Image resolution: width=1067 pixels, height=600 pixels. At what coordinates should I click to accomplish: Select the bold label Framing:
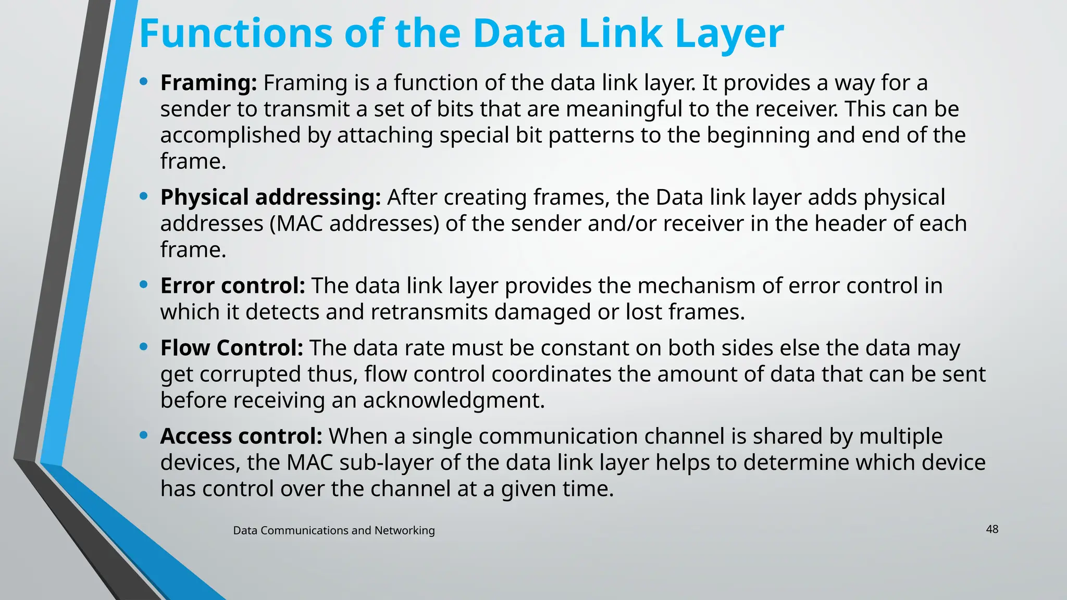point(208,83)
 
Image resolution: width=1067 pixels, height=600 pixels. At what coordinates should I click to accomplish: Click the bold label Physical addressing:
point(270,197)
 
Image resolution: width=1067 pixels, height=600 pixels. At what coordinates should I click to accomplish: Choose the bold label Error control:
point(232,286)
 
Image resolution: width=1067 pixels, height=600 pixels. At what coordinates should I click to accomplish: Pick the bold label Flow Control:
point(231,348)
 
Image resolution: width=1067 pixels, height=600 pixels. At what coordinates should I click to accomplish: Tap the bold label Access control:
point(241,436)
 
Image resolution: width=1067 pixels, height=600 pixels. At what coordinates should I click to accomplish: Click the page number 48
point(992,529)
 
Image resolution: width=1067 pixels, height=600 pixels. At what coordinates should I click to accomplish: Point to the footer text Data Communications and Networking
point(333,530)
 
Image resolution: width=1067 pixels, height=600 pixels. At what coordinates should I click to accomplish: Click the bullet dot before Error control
point(144,285)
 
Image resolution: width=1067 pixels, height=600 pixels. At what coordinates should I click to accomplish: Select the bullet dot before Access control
point(144,435)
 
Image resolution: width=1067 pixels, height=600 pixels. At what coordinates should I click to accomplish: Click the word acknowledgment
point(453,401)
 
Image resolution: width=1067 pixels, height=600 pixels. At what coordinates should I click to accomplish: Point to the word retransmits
point(429,312)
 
